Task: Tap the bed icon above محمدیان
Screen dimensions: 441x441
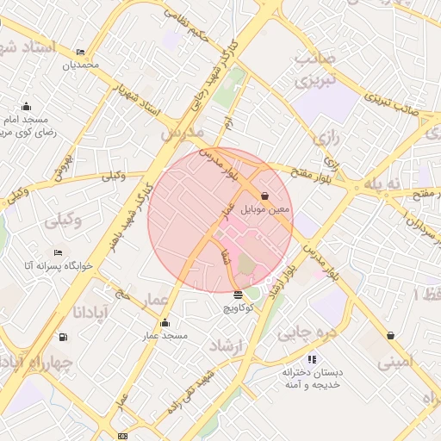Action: tap(80, 53)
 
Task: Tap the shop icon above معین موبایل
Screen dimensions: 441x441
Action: tap(264, 196)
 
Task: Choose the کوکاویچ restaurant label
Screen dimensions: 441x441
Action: tap(239, 307)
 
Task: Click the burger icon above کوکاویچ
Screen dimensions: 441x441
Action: tap(238, 295)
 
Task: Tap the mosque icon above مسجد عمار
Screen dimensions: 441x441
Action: tap(165, 323)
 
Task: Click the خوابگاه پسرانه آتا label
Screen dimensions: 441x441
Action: tap(53, 266)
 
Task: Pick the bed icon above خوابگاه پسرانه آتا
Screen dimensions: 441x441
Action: tap(58, 252)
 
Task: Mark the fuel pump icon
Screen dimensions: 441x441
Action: tap(62, 337)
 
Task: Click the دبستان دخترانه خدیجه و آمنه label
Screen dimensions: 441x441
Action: tap(312, 379)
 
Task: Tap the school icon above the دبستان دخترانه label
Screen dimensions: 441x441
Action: tap(311, 358)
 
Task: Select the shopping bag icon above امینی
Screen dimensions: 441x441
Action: tap(391, 335)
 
